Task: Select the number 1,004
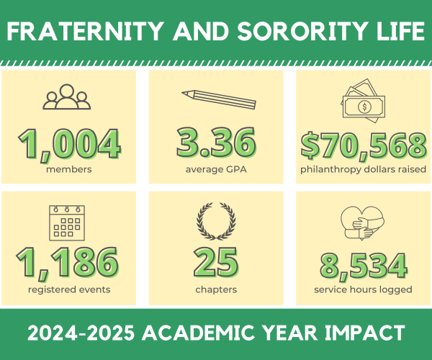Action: click(70, 144)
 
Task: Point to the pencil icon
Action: click(217, 99)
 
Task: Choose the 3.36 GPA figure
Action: click(216, 144)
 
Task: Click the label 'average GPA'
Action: click(216, 170)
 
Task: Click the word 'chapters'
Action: click(216, 289)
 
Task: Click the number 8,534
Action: click(364, 264)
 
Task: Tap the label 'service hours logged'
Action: click(364, 289)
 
